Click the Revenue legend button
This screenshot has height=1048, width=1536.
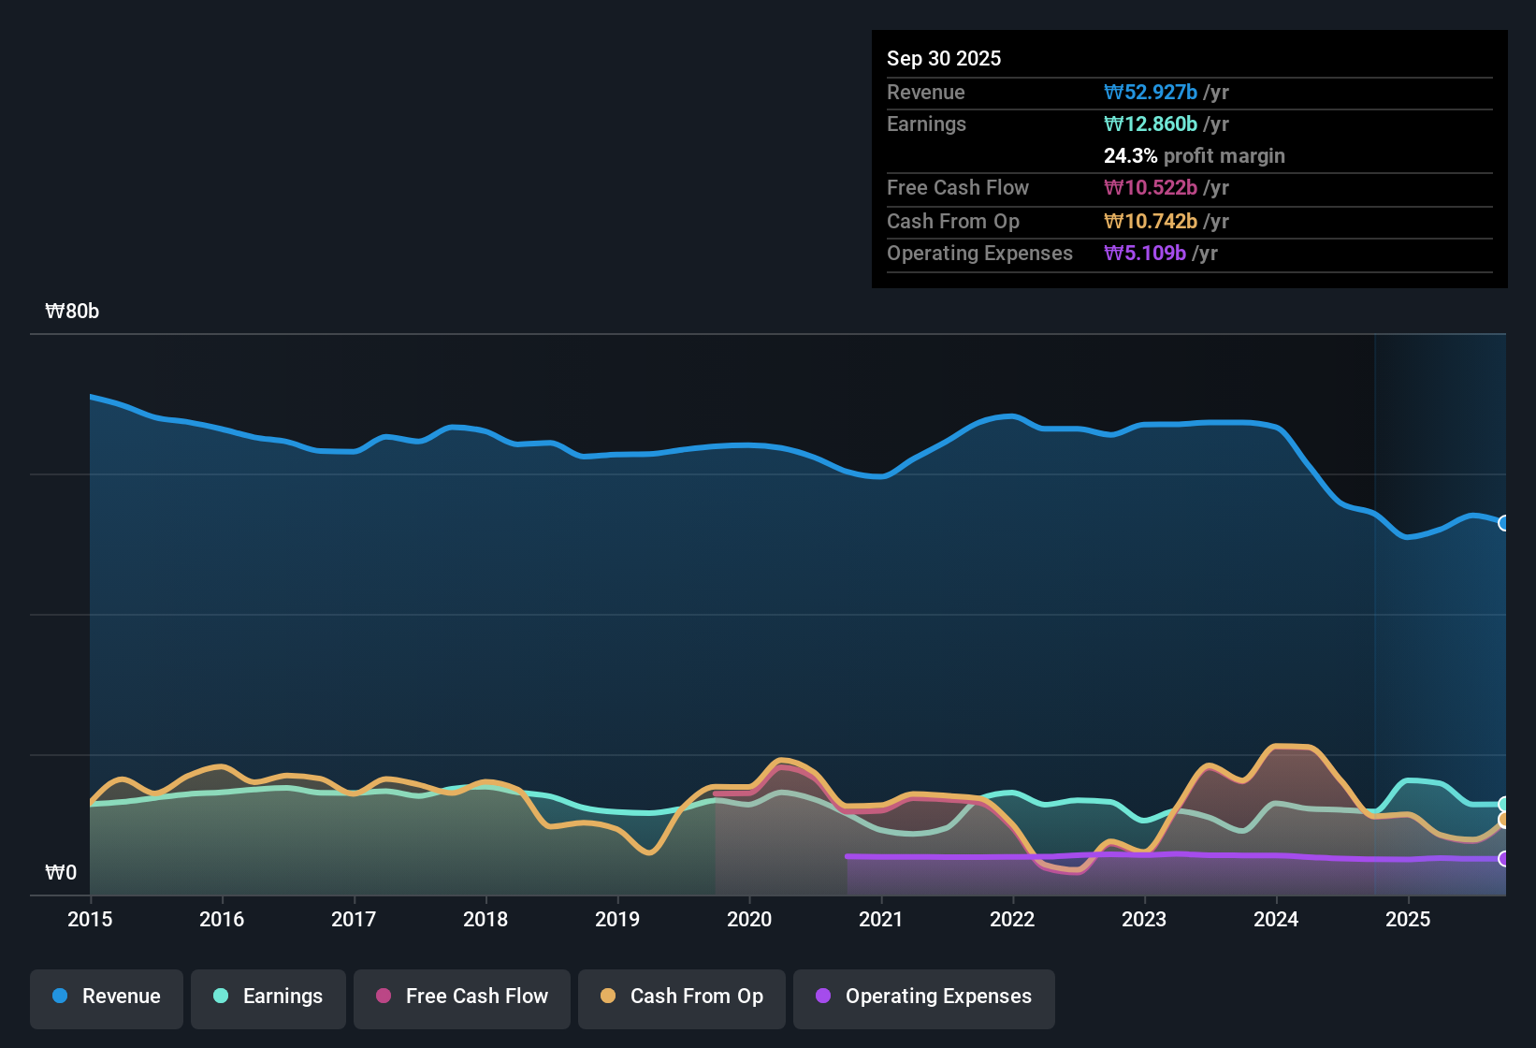(107, 997)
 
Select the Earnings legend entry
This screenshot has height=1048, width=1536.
(268, 997)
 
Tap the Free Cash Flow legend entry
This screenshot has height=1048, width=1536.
(462, 997)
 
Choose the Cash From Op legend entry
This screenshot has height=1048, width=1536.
(682, 997)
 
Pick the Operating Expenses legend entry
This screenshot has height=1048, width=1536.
(924, 997)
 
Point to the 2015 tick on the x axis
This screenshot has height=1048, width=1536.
(90, 919)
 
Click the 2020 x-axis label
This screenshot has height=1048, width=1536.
(749, 919)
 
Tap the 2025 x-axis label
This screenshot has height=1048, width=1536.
(1408, 919)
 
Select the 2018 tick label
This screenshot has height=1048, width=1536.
(485, 919)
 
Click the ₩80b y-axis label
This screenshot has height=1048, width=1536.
(72, 312)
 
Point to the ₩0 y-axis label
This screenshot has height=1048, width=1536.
(61, 873)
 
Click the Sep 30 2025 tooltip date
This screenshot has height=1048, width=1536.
(944, 58)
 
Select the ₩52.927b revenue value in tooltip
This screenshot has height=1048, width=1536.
(1151, 92)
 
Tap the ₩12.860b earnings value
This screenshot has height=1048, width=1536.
(1151, 124)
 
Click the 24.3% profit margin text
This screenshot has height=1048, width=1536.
(1194, 155)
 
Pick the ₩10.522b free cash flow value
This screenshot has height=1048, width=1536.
(1151, 187)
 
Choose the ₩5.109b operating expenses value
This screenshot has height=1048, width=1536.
(1145, 253)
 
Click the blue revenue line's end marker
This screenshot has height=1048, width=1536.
(1503, 523)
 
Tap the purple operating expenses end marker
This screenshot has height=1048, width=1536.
(1503, 858)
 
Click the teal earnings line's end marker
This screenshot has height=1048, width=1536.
(1503, 804)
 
